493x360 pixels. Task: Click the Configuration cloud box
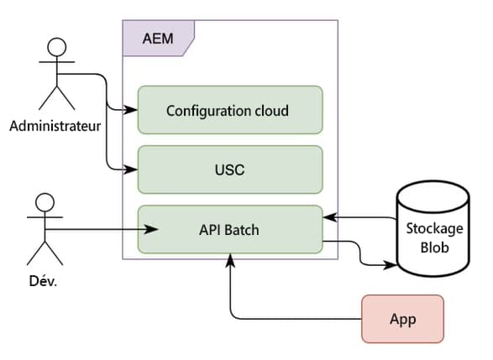pyautogui.click(x=229, y=110)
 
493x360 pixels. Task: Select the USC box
pyautogui.click(x=229, y=170)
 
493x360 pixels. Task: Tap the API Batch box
pyautogui.click(x=229, y=229)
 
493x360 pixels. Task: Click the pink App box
pyautogui.click(x=402, y=319)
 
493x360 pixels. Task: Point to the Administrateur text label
pyautogui.click(x=55, y=128)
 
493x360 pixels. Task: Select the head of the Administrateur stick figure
pyautogui.click(x=55, y=45)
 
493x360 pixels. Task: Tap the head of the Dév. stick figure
pyautogui.click(x=44, y=203)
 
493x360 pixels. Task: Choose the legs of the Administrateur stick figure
pyautogui.click(x=55, y=99)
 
